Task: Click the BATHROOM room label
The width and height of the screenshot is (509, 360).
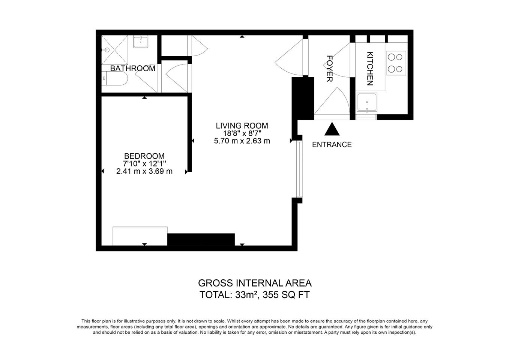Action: coord(133,68)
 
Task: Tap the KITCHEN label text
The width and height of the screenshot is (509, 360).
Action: coord(370,69)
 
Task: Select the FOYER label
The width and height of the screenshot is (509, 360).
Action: coord(329,69)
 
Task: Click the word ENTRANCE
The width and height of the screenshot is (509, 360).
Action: coord(332,144)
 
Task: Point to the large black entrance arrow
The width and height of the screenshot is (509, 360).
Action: coord(332,129)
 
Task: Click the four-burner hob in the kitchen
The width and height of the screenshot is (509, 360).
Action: coord(396,63)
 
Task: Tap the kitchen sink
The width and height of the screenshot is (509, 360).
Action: coord(367,102)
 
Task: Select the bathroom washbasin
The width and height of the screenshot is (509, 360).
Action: coord(141,42)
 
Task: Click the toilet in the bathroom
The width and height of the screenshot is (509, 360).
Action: coord(114,78)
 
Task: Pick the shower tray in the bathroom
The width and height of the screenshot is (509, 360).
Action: coord(114,50)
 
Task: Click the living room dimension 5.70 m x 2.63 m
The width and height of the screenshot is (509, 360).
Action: coord(242,141)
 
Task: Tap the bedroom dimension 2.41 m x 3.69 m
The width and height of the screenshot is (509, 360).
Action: coord(144,171)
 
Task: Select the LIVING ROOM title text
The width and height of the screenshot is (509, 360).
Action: coord(242,126)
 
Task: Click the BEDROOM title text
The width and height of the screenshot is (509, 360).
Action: coord(144,156)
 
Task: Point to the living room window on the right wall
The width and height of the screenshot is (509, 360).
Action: coord(300,169)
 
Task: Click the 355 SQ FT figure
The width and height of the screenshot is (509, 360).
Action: coord(286,295)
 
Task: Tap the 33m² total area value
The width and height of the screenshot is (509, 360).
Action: coord(246,295)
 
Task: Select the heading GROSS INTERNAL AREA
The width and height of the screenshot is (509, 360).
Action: coord(255,283)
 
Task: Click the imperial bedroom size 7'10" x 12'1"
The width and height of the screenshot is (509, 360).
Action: coord(144,163)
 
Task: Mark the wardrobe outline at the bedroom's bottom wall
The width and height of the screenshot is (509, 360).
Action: coord(140,236)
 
